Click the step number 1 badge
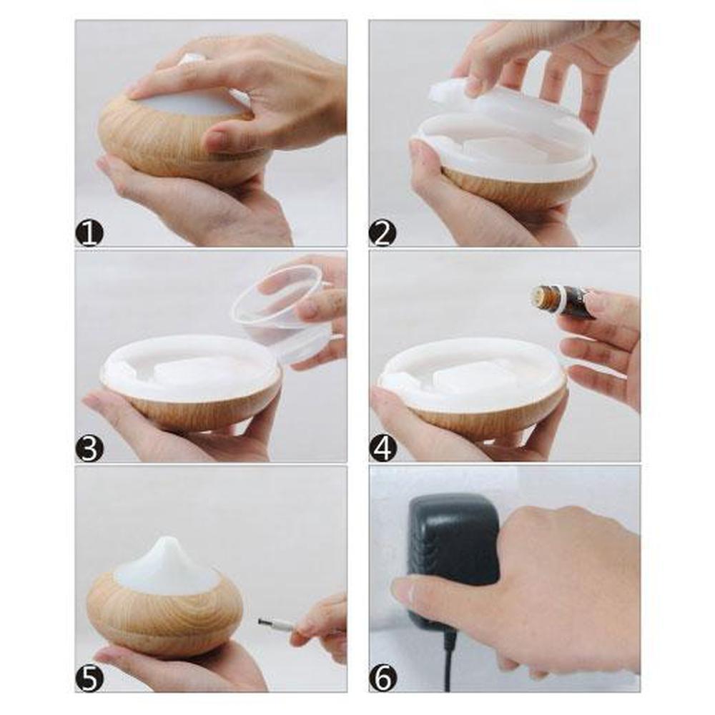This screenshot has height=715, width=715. pos(89,233)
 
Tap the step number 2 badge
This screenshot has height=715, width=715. pos(383,233)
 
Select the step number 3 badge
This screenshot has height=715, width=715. pos(89,448)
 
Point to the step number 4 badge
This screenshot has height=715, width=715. pos(383,448)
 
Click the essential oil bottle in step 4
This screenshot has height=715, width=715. pos(563,302)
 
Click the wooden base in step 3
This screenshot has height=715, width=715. pos(201,410)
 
